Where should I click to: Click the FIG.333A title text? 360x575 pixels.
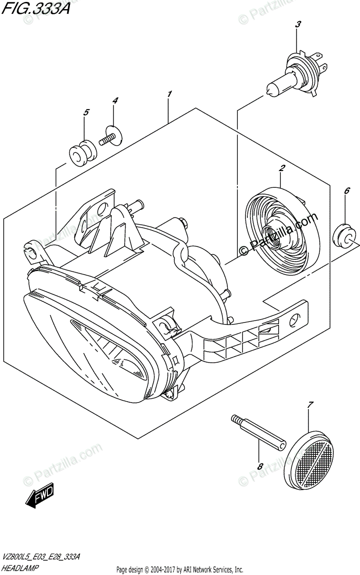coord(35,9)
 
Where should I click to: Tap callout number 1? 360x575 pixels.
coord(170,94)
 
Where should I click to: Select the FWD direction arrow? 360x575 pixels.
coord(40,496)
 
